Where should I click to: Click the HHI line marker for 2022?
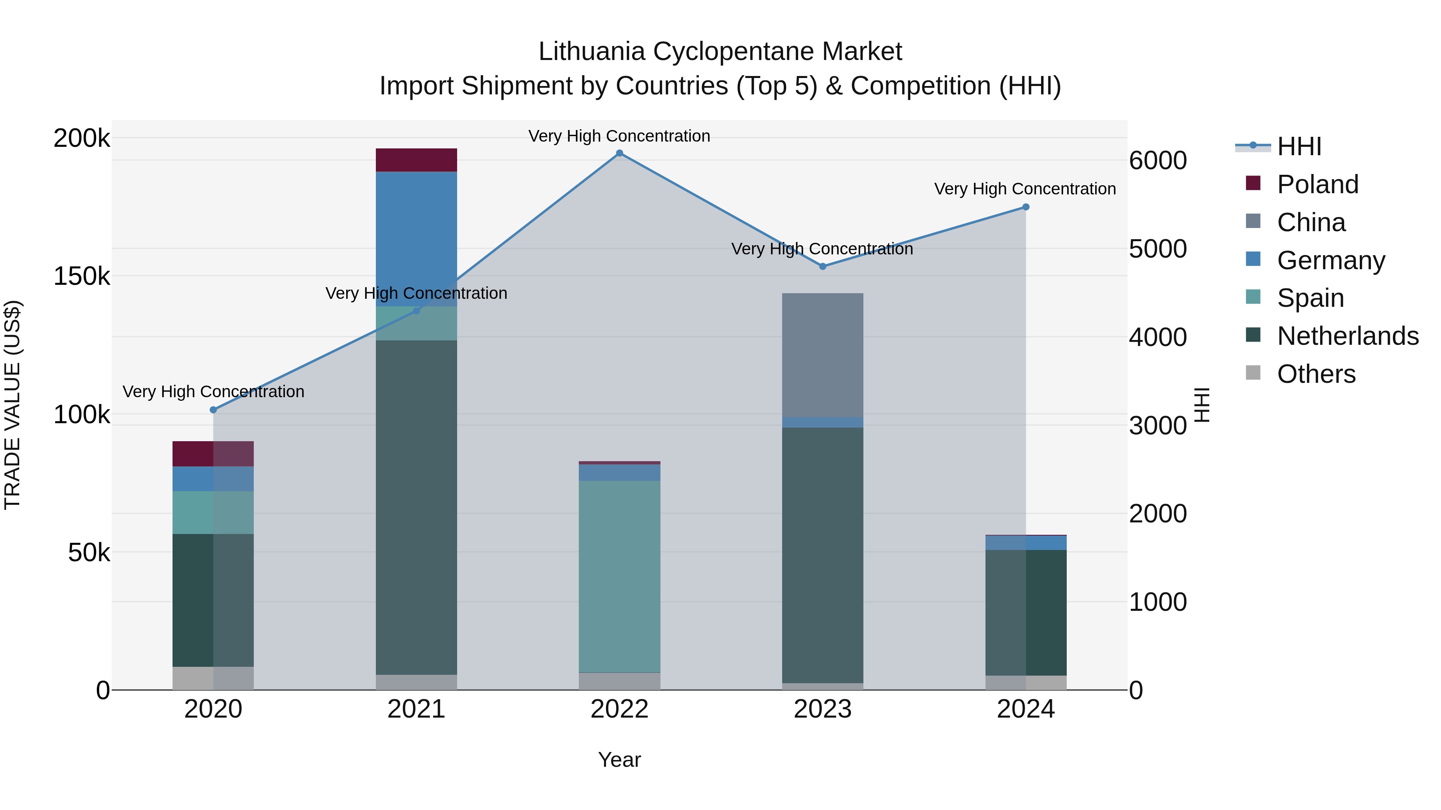[x=619, y=153]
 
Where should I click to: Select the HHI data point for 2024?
[x=1026, y=207]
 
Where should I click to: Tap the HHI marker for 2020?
[x=213, y=410]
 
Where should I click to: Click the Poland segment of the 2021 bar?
[x=416, y=160]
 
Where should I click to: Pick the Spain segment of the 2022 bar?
[x=619, y=576]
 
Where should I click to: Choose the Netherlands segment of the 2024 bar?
[x=1026, y=612]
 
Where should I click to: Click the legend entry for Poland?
[x=1317, y=184]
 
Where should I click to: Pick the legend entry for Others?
[x=1316, y=374]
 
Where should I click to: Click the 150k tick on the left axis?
[x=82, y=276]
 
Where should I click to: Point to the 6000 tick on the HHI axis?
[x=1157, y=160]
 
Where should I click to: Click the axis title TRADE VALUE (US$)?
[x=12, y=405]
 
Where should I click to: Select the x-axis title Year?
[x=619, y=760]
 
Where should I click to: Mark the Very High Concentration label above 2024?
[x=1025, y=189]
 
